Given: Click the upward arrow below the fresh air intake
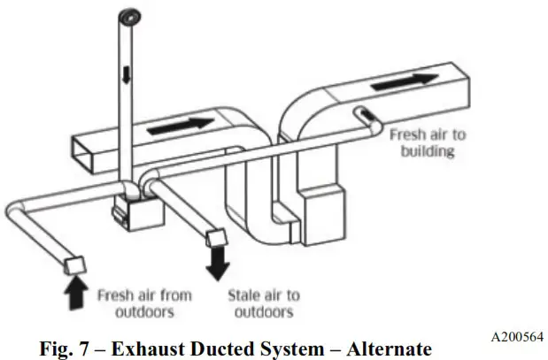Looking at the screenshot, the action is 76,291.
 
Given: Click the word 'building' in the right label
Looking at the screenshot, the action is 427,152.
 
